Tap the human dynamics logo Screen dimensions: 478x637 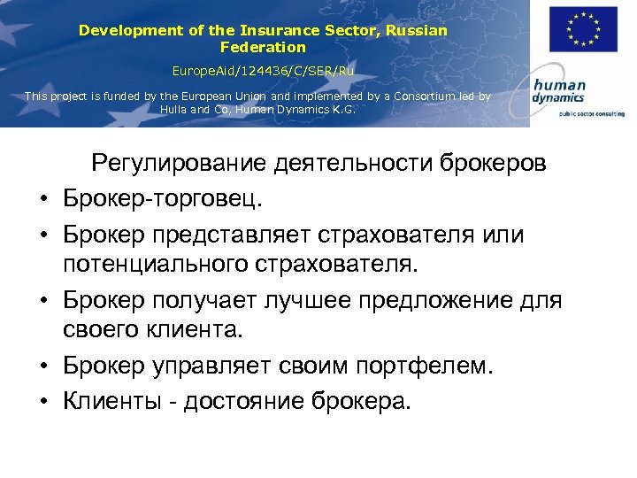[560, 92]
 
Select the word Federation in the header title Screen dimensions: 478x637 [263, 47]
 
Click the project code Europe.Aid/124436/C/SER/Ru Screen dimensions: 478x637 [263, 69]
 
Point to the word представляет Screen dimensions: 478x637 [232, 235]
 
